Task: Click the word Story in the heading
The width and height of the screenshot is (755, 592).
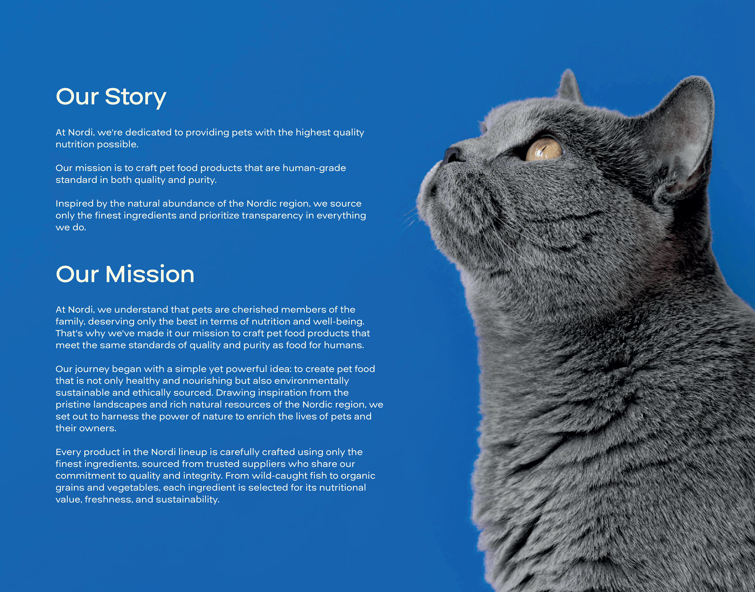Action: coord(136,97)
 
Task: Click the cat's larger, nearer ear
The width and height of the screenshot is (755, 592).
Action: coord(680,135)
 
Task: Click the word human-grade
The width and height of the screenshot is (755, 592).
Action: coord(314,168)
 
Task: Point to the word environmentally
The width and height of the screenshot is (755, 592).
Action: coord(311,381)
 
